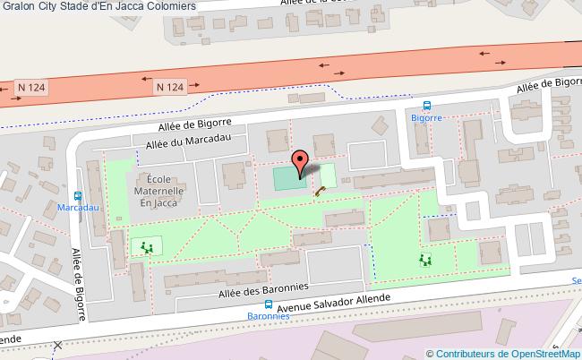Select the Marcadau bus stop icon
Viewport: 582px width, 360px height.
(x=79, y=195)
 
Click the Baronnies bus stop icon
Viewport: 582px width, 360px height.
(x=269, y=304)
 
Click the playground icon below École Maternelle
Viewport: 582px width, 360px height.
(x=146, y=246)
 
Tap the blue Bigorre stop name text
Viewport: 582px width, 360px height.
(x=427, y=117)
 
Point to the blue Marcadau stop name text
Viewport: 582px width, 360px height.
(x=78, y=208)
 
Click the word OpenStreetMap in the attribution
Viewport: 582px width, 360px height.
(x=542, y=353)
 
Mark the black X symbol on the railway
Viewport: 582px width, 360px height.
(x=58, y=345)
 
